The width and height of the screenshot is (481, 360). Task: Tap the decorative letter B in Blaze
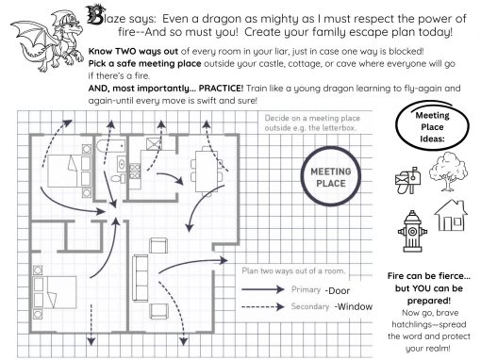pyautogui.click(x=94, y=15)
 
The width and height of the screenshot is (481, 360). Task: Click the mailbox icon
pyautogui.click(x=407, y=180)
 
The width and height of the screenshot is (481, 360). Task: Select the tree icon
pyautogui.click(x=448, y=172)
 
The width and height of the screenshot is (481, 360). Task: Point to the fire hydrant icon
pyautogui.click(x=412, y=232)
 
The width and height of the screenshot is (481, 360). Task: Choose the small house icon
pyautogui.click(x=451, y=216)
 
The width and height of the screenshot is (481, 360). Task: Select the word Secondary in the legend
pyautogui.click(x=310, y=306)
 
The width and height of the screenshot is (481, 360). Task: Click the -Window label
pyautogui.click(x=354, y=306)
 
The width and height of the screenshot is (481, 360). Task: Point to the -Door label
pyautogui.click(x=338, y=291)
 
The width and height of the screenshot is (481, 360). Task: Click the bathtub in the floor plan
pyautogui.click(x=110, y=145)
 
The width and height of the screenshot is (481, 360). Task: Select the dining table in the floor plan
pyautogui.click(x=207, y=172)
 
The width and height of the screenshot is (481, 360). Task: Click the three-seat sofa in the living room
pyautogui.click(x=141, y=278)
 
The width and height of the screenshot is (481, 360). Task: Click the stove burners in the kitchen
pyautogui.click(x=135, y=172)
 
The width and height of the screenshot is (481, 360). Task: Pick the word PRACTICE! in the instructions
pyautogui.click(x=221, y=89)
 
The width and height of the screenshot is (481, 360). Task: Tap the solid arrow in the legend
pyautogui.click(x=263, y=289)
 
